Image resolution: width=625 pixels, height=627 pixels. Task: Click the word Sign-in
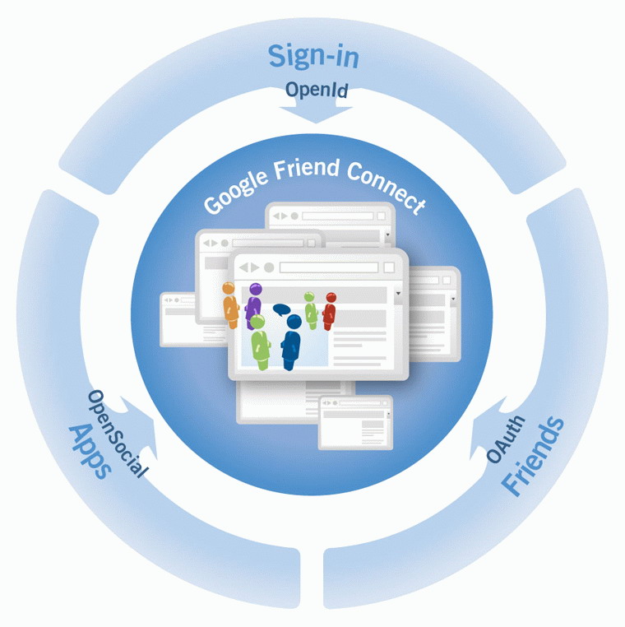click(x=313, y=58)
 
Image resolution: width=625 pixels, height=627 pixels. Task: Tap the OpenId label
click(x=317, y=91)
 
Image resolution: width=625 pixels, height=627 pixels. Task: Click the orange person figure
click(x=230, y=304)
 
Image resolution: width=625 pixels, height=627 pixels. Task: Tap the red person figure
click(x=330, y=310)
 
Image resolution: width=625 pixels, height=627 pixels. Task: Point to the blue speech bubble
click(x=281, y=310)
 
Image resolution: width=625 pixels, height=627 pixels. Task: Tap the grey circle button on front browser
click(x=269, y=267)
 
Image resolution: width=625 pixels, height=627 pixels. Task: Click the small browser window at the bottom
click(x=355, y=421)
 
